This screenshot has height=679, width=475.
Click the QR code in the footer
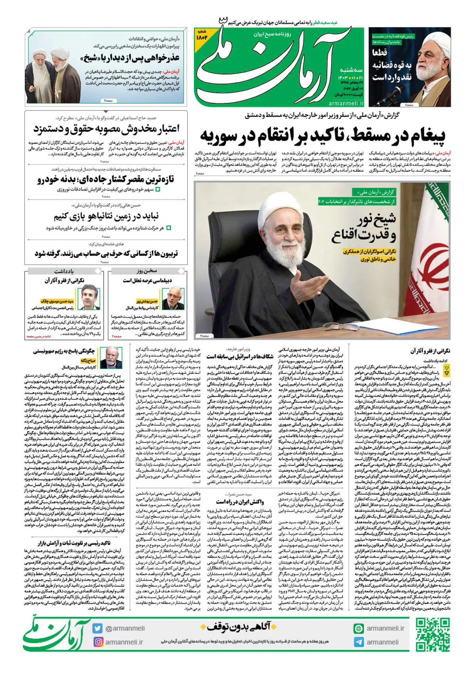[x=433, y=635]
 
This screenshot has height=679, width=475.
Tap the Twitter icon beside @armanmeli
[x=97, y=628]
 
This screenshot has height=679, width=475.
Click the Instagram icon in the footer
[x=98, y=642]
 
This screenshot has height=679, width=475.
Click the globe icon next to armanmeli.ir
[x=359, y=628]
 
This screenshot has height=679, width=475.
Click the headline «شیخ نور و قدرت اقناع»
[x=364, y=228]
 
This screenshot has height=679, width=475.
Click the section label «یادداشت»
[x=64, y=271]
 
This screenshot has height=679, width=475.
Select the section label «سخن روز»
[x=147, y=271]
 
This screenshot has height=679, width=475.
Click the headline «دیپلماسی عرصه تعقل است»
[x=147, y=280]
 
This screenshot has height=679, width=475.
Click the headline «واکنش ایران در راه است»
[x=240, y=502]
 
